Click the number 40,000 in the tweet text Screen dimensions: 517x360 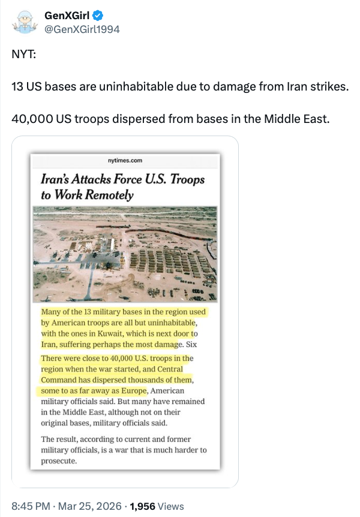[31, 118]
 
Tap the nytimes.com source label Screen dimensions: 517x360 [125, 160]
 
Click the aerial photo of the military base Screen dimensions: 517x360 [125, 254]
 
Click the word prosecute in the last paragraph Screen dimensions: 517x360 [58, 461]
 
